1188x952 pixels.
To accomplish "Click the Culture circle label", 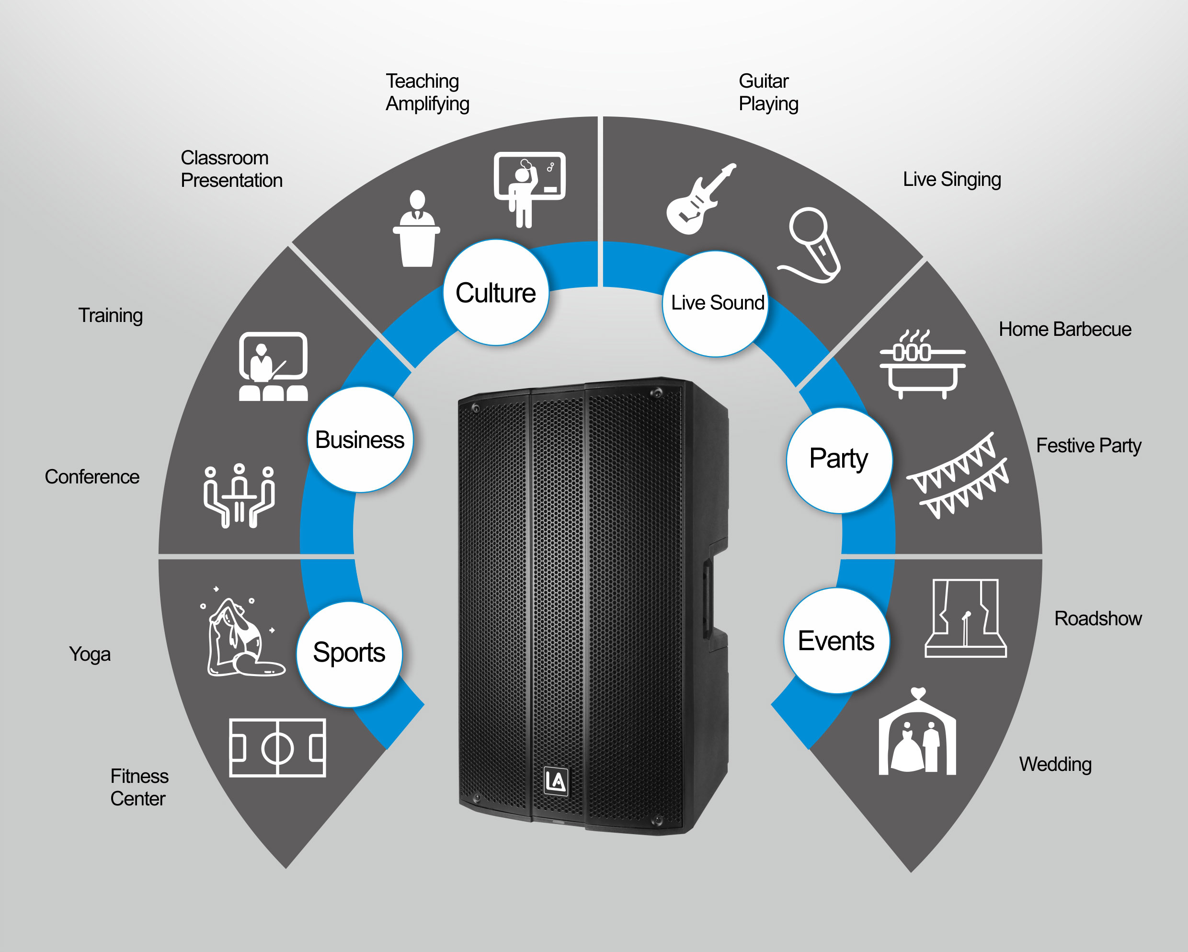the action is click(x=496, y=293).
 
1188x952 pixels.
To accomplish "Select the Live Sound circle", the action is click(x=716, y=304).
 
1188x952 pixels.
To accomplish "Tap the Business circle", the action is click(x=360, y=439).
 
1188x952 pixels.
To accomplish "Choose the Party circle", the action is click(x=839, y=460).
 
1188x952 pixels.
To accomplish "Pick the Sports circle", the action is click(x=349, y=654).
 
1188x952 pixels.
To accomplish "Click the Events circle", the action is click(x=836, y=641).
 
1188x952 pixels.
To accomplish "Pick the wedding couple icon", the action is click(x=917, y=732).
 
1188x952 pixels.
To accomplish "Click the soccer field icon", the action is click(x=278, y=748).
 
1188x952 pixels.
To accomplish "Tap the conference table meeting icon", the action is click(x=239, y=495).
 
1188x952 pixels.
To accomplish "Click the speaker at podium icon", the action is click(x=417, y=229).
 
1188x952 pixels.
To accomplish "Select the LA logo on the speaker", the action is click(x=556, y=781).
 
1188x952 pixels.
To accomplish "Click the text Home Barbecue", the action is click(x=1065, y=329).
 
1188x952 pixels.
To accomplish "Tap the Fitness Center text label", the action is click(x=139, y=787).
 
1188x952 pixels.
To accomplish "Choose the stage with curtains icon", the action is click(x=966, y=618).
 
